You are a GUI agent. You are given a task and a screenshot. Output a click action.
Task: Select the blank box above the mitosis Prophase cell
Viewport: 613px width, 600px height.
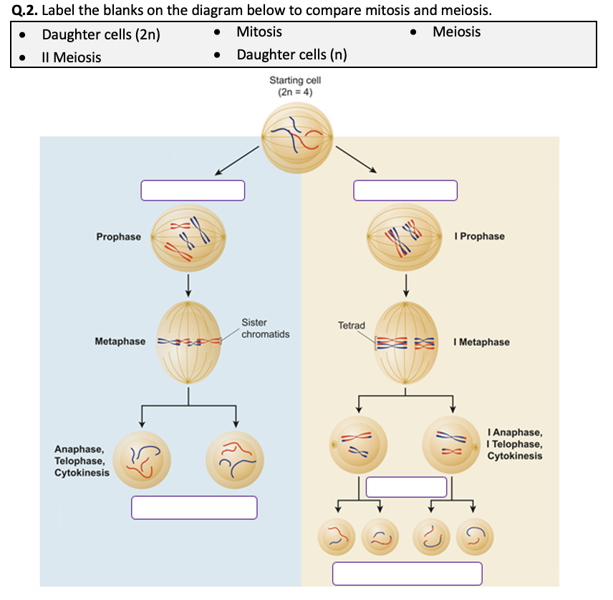[193, 190]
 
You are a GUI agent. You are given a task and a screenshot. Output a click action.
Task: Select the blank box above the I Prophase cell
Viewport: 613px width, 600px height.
[405, 190]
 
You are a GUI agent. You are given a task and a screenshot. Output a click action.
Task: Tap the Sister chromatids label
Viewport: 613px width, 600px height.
[265, 329]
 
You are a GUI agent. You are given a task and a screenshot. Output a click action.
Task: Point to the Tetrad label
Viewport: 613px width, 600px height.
[351, 326]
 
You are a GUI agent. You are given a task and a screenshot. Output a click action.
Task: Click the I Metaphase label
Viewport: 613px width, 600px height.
[481, 342]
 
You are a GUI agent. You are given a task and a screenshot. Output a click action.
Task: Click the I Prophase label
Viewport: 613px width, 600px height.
[480, 236]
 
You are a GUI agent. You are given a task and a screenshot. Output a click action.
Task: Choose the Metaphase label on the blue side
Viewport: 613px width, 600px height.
[120, 342]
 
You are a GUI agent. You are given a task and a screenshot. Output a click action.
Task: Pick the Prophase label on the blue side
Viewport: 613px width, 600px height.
[119, 236]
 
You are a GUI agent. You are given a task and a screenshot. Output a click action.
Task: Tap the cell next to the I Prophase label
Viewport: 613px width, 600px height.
[405, 237]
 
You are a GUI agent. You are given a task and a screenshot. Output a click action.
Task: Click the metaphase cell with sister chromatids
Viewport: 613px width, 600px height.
[189, 342]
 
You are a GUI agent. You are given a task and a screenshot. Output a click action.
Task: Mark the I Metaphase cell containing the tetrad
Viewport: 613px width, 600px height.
[405, 342]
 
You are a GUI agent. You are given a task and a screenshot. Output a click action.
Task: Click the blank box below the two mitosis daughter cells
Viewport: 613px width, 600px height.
[194, 508]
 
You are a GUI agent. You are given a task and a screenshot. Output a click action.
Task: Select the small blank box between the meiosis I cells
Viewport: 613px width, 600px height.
[406, 487]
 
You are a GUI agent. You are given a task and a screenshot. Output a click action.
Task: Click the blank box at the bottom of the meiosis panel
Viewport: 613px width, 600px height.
[407, 574]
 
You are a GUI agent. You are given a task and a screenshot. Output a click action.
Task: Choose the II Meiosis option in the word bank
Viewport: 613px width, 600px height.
[72, 57]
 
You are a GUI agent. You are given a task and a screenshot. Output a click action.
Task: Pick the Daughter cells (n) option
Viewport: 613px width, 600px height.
[291, 55]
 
